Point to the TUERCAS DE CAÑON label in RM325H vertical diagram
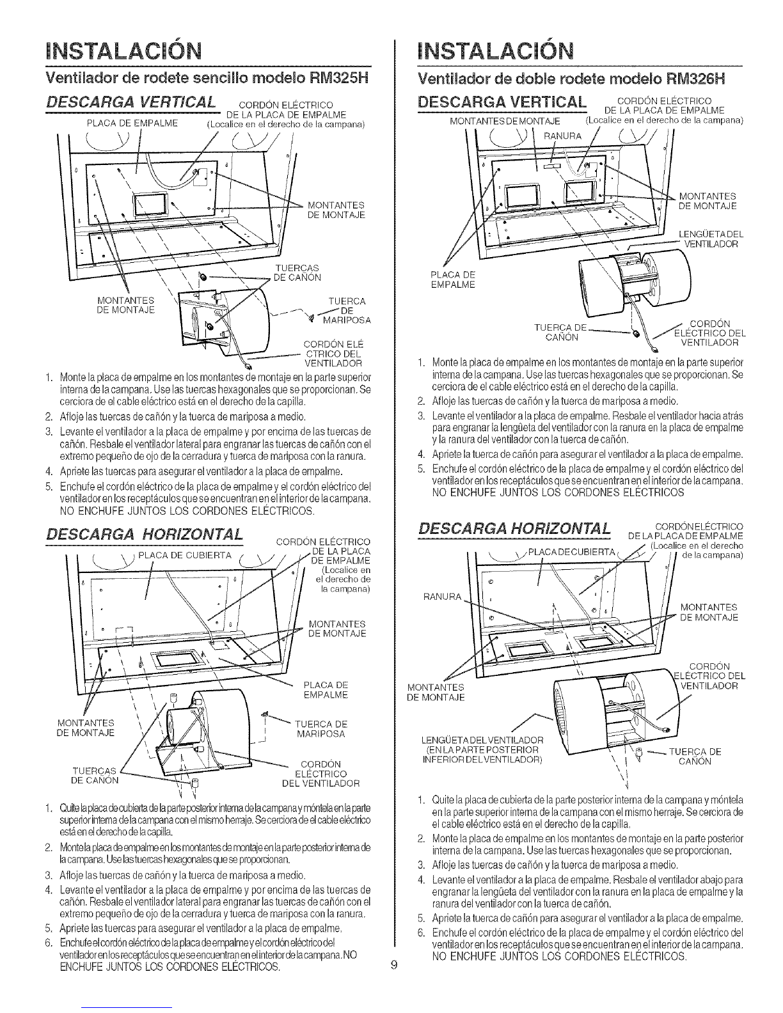(297, 272)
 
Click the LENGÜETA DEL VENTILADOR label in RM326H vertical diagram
(709, 239)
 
